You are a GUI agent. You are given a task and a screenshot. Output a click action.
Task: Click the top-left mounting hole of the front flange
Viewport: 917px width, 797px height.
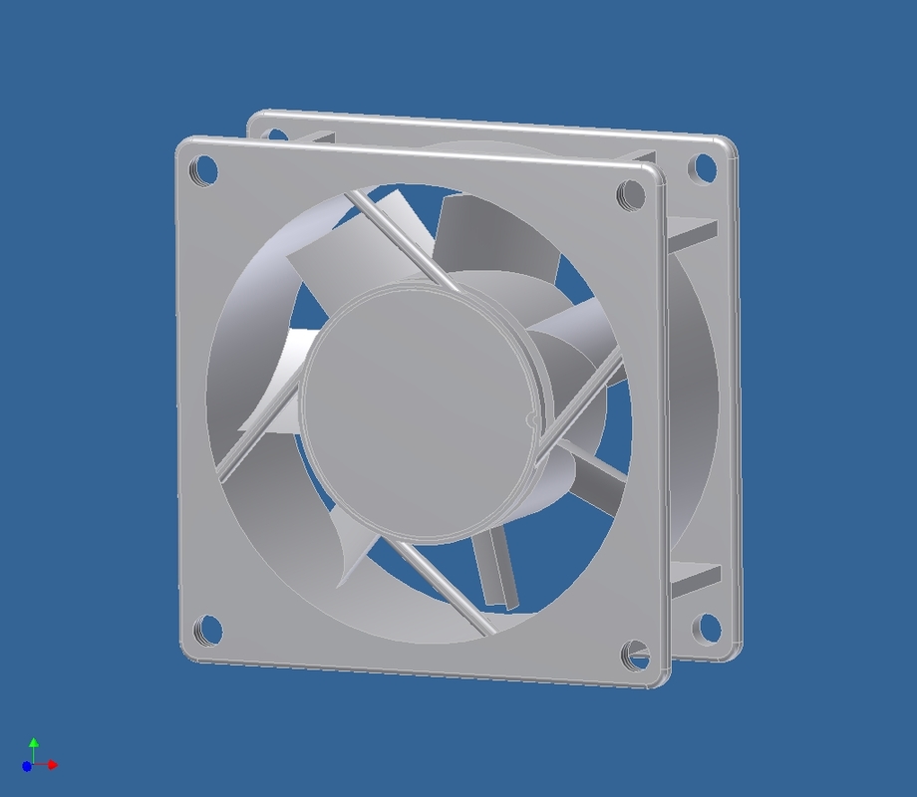(x=203, y=170)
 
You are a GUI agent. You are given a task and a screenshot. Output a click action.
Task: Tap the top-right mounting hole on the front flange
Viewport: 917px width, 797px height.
(x=630, y=193)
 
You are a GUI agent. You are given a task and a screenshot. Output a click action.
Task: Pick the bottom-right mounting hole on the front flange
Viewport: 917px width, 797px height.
(x=636, y=655)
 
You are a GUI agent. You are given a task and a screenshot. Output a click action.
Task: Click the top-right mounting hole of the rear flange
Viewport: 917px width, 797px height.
(x=704, y=167)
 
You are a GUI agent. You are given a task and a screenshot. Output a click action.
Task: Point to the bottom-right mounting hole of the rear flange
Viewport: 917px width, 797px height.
(x=707, y=628)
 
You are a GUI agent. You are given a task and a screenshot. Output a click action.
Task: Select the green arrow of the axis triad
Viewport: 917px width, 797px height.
(x=34, y=744)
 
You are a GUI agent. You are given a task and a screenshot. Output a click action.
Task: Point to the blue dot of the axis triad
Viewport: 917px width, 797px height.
(x=27, y=766)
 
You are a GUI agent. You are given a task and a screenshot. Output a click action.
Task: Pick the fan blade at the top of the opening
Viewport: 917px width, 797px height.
(x=493, y=239)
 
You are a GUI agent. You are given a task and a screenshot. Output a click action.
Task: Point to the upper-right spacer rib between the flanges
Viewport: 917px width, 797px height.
(x=693, y=231)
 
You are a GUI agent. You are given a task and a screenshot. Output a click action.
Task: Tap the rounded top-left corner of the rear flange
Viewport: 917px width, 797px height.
(x=258, y=118)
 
